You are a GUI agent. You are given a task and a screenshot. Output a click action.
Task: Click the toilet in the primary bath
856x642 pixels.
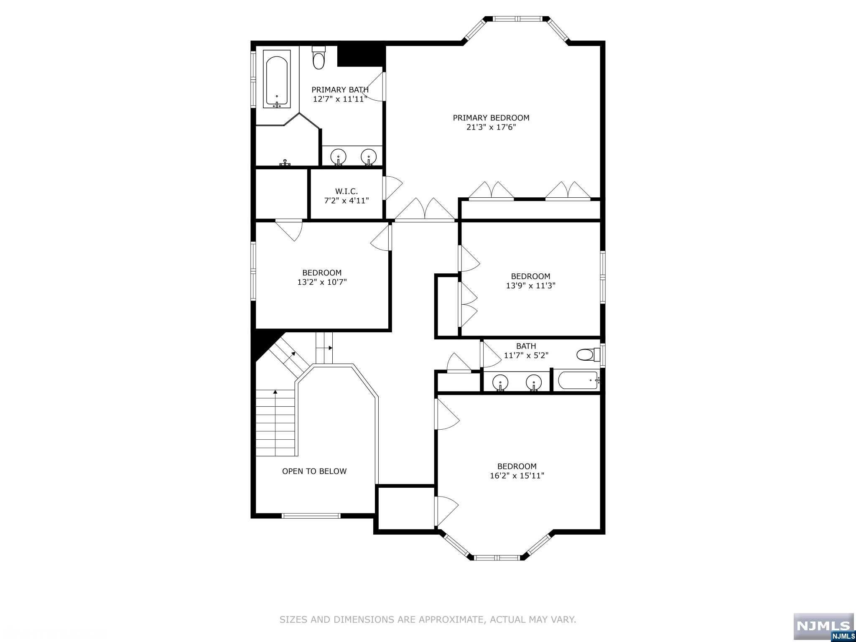318,58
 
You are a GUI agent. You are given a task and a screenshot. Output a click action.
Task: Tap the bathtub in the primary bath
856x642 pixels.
277,79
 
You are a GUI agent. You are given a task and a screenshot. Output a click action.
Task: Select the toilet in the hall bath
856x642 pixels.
588,355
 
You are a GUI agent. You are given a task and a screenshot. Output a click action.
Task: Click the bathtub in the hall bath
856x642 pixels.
577,380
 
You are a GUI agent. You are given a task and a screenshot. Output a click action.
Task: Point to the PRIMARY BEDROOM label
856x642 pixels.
491,118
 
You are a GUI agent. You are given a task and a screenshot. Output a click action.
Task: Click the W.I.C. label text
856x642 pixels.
346,191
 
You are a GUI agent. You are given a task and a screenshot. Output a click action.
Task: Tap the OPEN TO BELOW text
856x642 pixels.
314,471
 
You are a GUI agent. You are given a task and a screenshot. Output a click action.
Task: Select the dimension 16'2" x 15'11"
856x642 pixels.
517,475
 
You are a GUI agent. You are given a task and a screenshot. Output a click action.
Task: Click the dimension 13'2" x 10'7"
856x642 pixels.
322,282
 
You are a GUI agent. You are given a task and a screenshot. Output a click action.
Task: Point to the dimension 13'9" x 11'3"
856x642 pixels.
530,285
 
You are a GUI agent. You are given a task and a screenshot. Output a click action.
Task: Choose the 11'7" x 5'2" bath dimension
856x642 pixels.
526,355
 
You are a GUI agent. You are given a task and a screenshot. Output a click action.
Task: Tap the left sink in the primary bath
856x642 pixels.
338,157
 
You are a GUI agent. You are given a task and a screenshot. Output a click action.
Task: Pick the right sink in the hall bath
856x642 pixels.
534,382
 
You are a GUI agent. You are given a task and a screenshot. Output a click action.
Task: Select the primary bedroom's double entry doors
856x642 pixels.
425,209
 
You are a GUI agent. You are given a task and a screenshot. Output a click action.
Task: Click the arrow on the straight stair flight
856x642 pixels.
275,423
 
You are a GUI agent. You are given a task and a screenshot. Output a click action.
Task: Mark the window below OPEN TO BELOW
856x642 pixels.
311,516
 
